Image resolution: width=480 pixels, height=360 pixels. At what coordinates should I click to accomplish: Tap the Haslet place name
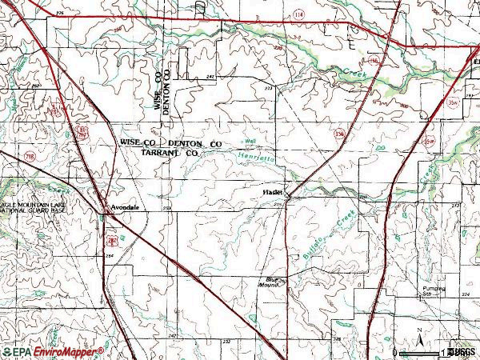tap(273, 193)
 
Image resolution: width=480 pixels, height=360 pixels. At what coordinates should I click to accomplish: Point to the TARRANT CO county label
tap(169, 151)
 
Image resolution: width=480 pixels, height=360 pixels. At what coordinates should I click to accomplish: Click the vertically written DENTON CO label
tap(168, 90)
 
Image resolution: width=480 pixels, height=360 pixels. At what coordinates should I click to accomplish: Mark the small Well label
tap(250, 142)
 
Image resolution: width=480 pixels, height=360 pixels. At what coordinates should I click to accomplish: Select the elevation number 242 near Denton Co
tap(210, 76)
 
